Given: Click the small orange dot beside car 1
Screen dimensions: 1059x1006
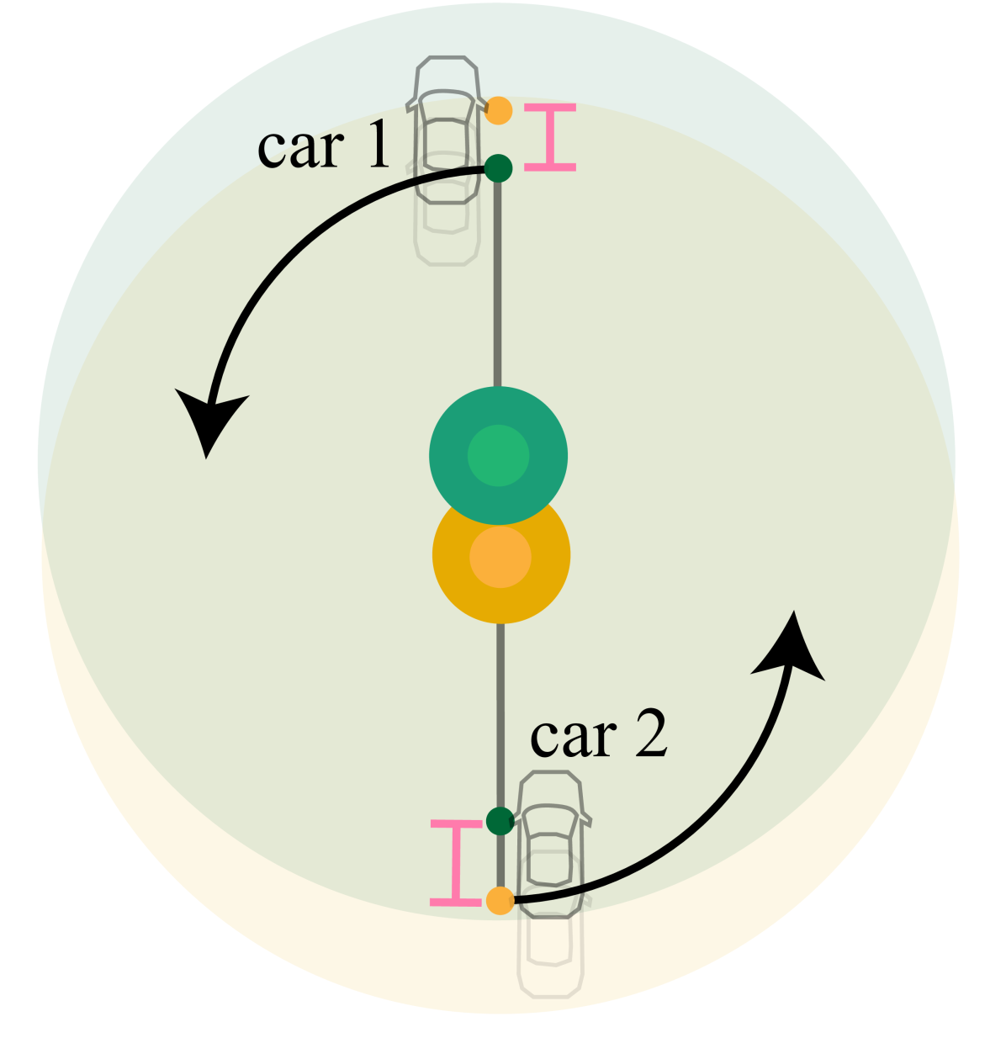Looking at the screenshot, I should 499,110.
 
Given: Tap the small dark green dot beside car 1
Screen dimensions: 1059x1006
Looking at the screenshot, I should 498,167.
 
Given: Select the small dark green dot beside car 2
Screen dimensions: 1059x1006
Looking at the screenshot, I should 500,820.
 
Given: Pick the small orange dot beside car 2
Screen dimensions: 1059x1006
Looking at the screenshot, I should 500,901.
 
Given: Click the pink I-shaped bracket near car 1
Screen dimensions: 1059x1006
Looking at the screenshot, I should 550,137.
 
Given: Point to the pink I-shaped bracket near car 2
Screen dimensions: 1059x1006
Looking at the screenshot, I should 457,863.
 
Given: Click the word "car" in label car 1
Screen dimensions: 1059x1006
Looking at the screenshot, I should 300,146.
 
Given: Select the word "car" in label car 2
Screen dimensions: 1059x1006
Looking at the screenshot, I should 573,736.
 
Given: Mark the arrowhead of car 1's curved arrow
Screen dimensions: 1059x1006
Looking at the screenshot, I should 209,420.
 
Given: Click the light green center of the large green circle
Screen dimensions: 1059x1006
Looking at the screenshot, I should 498,456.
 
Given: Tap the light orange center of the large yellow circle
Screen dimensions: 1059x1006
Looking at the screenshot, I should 500,558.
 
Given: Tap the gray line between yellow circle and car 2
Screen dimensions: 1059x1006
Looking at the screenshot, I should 500,715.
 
